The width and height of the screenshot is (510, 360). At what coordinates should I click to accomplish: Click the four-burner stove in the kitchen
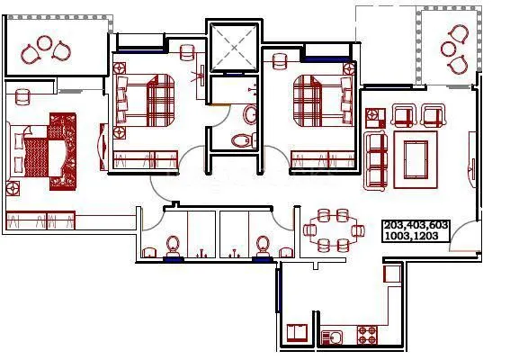(368, 336)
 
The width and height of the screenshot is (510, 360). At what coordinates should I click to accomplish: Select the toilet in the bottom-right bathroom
(263, 246)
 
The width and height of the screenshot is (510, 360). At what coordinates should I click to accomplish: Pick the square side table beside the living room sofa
(374, 116)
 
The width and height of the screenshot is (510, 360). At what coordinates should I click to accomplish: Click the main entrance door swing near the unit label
(467, 237)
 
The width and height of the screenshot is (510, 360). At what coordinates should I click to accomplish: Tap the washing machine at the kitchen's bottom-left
(297, 333)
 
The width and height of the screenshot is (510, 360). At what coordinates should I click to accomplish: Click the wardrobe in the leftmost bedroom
(40, 220)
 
